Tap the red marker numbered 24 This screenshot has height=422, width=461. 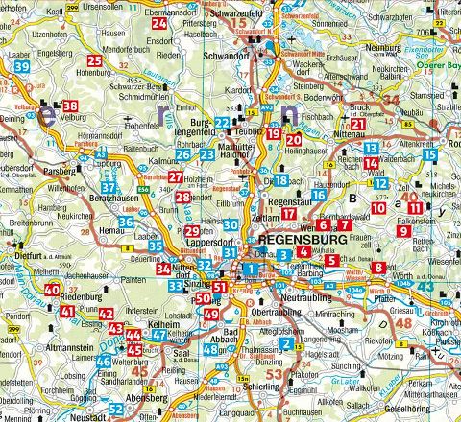coord(158,22)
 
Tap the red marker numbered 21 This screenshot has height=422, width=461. coord(357,123)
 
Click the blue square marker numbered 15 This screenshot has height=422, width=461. coord(429,154)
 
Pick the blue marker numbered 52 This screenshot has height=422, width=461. coord(116,409)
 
